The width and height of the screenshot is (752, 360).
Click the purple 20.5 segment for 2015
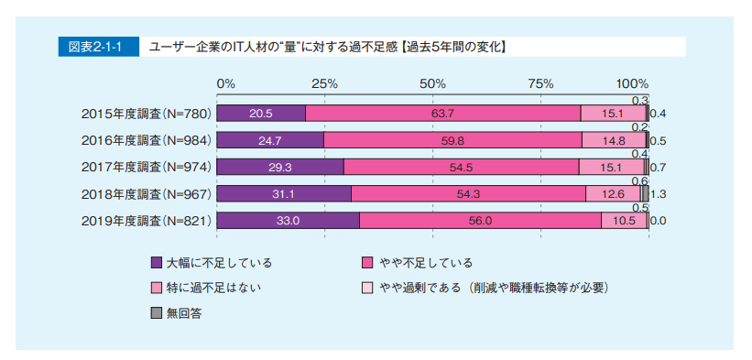261,114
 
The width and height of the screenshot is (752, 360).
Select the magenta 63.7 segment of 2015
443,114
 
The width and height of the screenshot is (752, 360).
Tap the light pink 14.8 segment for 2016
614,140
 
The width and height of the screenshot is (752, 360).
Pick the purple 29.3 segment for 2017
280,167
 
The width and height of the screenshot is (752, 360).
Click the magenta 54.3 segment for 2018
468,193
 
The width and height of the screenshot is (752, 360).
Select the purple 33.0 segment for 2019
289,221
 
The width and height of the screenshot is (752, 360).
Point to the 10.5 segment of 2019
623,221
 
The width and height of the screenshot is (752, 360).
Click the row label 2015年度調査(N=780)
147,114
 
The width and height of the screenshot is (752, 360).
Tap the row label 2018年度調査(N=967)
147,194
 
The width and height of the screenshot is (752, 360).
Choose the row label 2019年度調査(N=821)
147,221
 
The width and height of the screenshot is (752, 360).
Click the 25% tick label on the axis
324,83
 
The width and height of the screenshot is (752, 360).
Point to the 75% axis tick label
540,83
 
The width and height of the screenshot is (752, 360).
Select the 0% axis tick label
225,83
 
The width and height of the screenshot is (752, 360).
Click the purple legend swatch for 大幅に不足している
156,263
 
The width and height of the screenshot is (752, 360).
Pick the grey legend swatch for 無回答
156,312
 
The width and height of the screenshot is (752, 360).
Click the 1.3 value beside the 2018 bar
658,194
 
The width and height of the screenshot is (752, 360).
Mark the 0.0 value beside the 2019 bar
658,221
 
